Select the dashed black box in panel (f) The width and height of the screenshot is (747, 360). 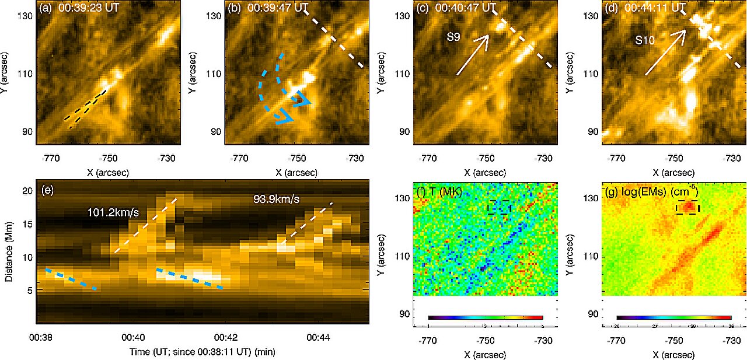click(x=499, y=207)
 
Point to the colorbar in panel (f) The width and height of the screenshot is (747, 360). click(x=486, y=317)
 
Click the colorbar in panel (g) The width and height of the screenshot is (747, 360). click(x=674, y=317)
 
